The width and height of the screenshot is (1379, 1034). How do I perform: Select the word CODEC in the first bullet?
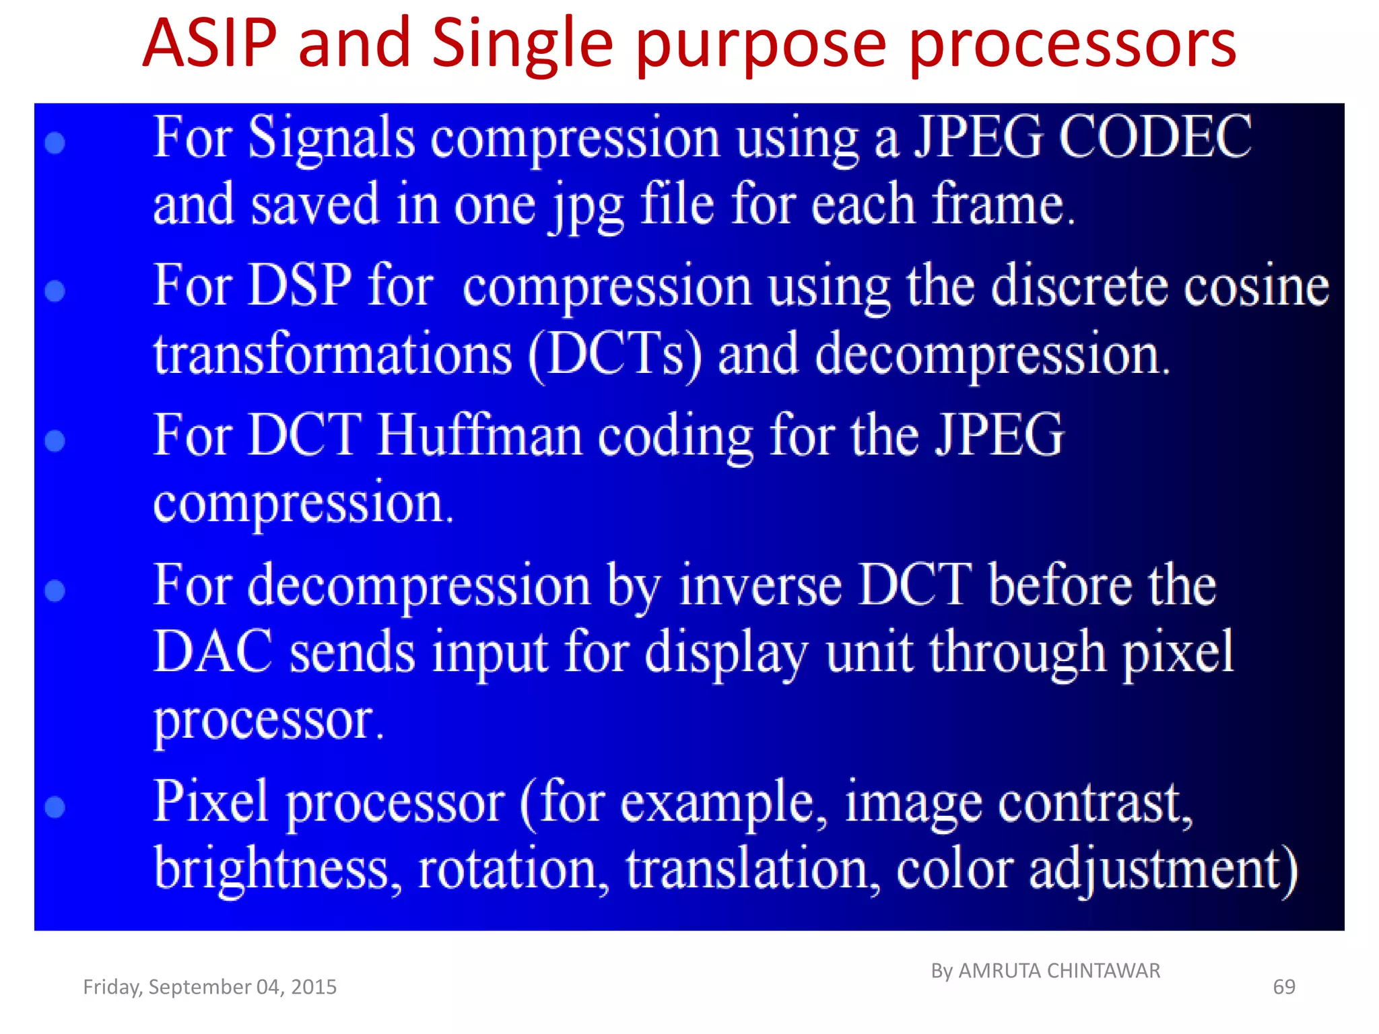[x=1155, y=137]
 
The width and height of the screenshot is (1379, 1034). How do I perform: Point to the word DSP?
[x=300, y=285]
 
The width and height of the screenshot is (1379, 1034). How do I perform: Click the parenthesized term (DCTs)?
[x=614, y=355]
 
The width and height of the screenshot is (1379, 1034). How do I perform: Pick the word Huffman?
[x=479, y=436]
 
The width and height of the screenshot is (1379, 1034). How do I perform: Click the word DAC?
[x=213, y=652]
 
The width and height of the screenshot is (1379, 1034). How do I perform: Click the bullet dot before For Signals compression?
[x=55, y=143]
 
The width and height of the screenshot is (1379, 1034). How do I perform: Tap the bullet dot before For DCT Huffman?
[x=55, y=441]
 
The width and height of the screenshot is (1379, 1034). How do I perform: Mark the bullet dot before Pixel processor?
[x=55, y=806]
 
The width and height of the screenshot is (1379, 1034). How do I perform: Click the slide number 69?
[x=1283, y=987]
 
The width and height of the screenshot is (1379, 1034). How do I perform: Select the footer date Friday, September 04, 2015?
[x=209, y=987]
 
